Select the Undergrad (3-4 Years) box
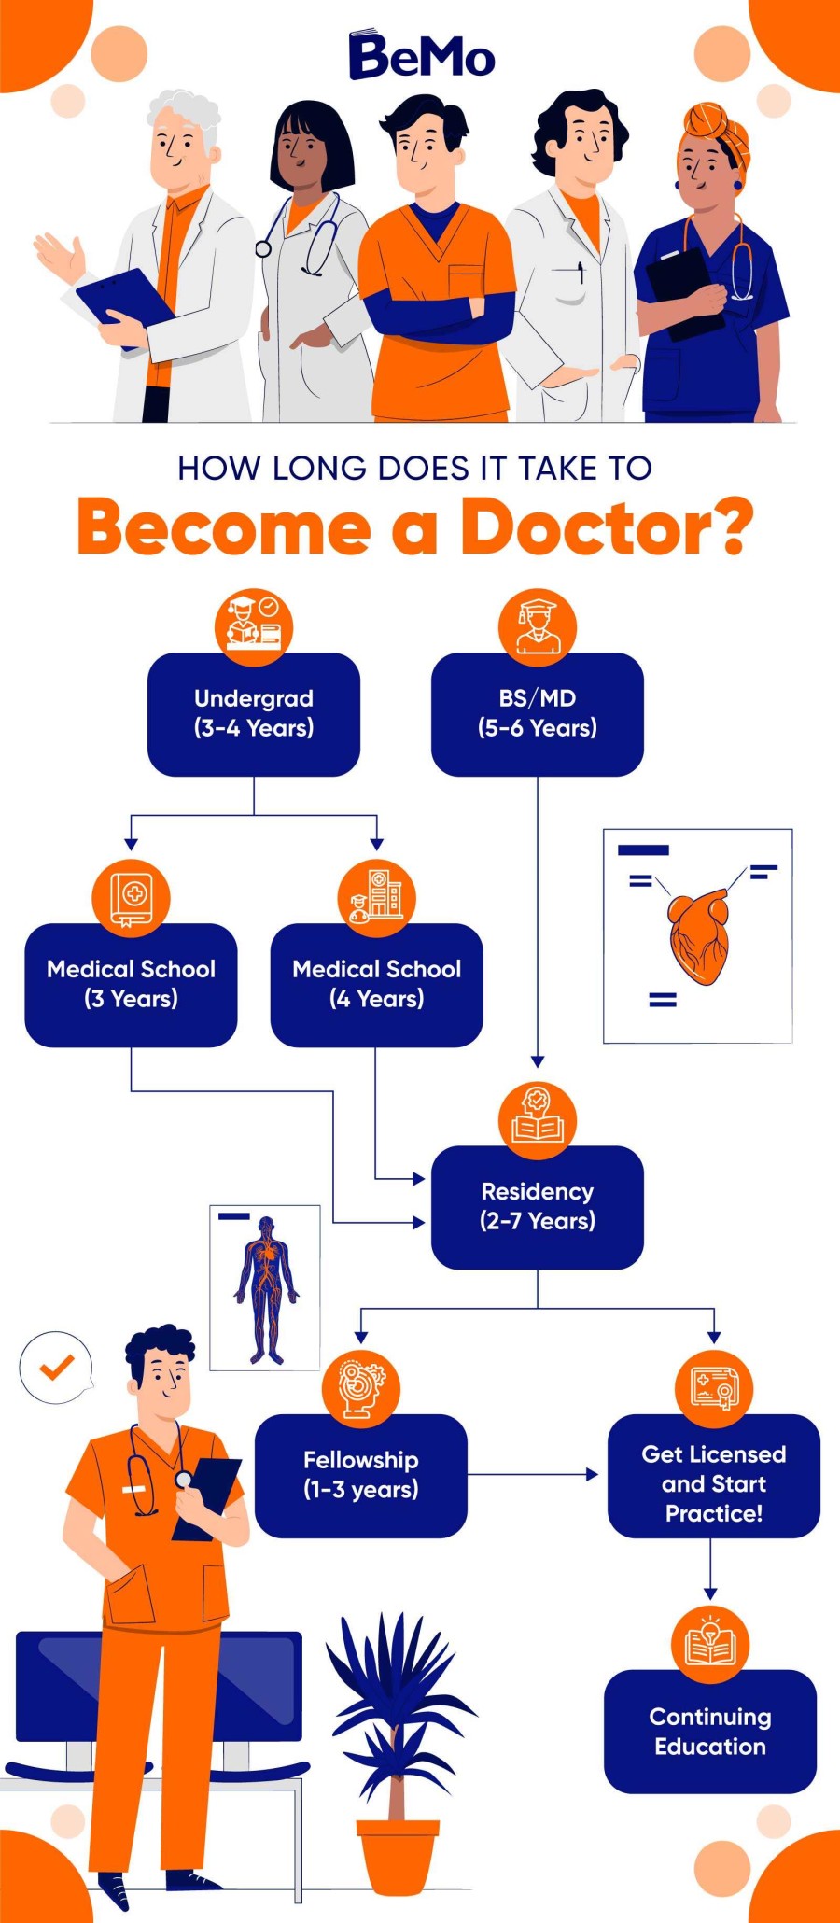[254, 714]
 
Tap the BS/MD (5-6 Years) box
[537, 714]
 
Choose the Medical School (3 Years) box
[131, 985]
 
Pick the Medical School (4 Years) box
[376, 985]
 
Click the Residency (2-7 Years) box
[537, 1206]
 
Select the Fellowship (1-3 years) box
[360, 1475]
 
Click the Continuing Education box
[709, 1732]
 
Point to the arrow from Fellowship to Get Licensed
[532, 1475]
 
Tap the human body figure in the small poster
[266, 1288]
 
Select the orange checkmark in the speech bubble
[56, 1368]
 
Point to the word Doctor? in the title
[607, 527]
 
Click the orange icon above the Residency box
[537, 1116]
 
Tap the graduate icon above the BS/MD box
[537, 625]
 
